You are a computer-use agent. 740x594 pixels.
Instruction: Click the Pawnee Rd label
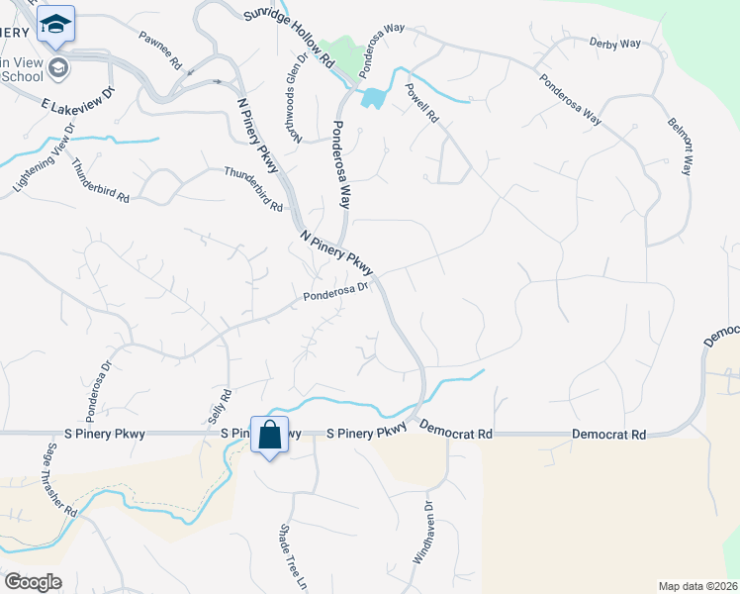click(161, 50)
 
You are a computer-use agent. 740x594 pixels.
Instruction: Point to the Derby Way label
click(614, 44)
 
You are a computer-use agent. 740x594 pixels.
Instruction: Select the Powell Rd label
click(421, 102)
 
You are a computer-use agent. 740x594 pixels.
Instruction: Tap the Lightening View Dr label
click(43, 160)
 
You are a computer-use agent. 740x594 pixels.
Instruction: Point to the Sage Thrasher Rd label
click(60, 479)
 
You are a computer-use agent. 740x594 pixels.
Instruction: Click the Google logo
click(33, 582)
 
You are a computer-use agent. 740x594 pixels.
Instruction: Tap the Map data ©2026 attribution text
click(697, 586)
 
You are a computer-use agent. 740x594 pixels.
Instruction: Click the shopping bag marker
click(269, 435)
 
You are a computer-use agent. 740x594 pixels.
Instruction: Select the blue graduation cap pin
click(56, 24)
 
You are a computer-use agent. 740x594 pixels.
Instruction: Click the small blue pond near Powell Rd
click(373, 98)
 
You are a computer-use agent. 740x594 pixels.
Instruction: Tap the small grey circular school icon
click(59, 67)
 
